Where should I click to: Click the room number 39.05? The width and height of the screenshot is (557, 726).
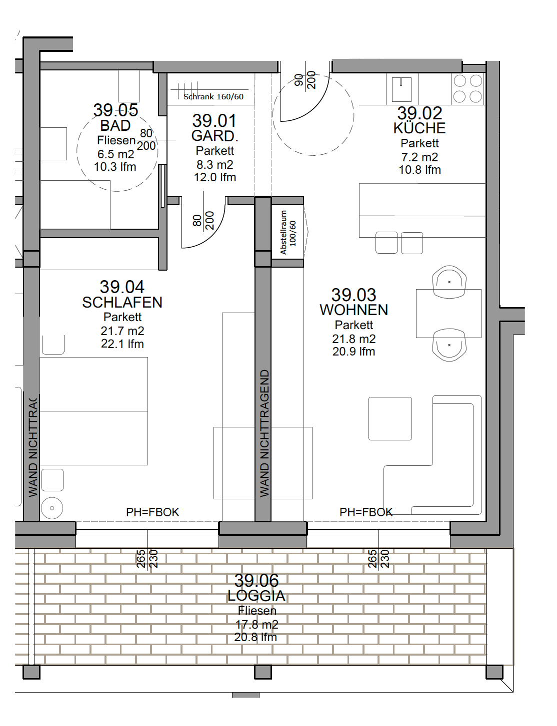click(x=115, y=110)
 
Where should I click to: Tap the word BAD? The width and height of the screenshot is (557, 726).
click(x=115, y=126)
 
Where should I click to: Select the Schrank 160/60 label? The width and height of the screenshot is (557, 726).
click(x=213, y=97)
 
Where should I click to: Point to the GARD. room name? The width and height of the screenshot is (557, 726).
click(x=214, y=136)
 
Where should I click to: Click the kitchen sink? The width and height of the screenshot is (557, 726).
click(x=402, y=89)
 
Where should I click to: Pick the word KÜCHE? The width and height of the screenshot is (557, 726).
click(x=419, y=128)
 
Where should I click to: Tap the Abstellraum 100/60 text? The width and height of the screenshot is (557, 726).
click(x=288, y=233)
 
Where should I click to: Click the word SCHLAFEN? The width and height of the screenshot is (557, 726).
click(x=122, y=303)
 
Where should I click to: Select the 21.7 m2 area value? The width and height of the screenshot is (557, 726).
click(x=122, y=331)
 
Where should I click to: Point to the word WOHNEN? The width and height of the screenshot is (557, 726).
click(x=353, y=310)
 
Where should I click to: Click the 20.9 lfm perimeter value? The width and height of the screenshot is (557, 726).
click(x=353, y=352)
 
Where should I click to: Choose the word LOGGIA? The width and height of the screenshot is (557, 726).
click(x=256, y=596)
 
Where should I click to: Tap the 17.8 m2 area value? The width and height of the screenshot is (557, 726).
click(x=257, y=625)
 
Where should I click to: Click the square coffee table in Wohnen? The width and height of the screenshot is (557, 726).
click(x=390, y=418)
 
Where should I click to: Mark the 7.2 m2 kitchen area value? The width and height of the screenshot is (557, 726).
click(x=419, y=157)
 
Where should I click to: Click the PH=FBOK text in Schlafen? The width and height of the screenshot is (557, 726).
click(x=152, y=512)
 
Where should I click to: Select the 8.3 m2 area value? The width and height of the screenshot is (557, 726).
click(x=215, y=165)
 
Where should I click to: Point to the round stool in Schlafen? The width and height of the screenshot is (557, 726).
click(x=52, y=508)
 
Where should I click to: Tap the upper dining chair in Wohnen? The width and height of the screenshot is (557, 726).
click(x=449, y=281)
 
